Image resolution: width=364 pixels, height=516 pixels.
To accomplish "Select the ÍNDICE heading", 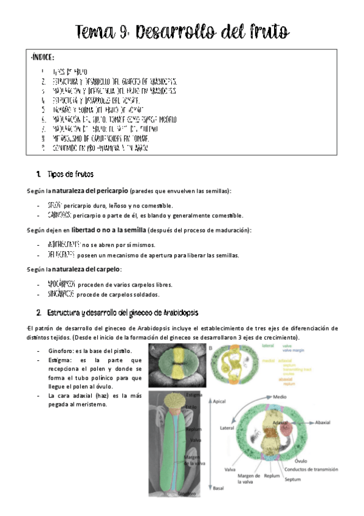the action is click(x=43, y=58).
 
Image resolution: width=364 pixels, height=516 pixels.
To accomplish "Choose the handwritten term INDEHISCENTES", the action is click(x=64, y=245).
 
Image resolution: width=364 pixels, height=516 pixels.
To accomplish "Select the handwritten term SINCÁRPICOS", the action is click(x=61, y=294).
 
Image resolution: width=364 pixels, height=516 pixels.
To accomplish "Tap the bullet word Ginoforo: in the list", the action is click(x=63, y=352).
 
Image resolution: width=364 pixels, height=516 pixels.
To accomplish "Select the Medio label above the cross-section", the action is click(x=280, y=396).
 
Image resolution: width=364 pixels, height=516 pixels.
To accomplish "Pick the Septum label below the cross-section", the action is click(x=293, y=480).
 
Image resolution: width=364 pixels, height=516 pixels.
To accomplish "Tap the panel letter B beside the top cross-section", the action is click(x=211, y=349).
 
